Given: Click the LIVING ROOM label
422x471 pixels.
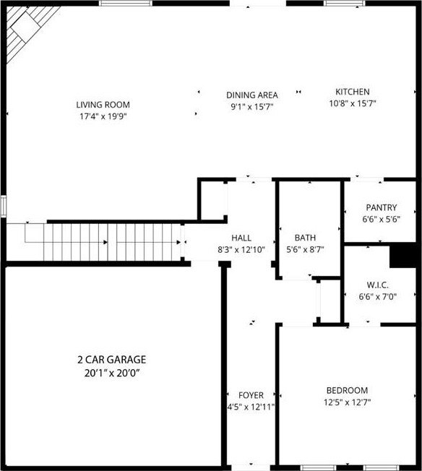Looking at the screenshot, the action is coord(103,105).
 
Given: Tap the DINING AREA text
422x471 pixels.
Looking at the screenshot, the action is coord(252,95).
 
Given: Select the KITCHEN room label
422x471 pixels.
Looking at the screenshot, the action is coord(352,92).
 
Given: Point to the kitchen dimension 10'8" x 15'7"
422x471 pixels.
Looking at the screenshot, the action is coord(353,103).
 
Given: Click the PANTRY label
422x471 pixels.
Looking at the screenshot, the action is coord(381,207).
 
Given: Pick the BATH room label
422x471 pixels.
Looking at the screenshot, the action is coord(305,238).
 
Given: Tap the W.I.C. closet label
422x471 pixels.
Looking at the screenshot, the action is coord(377,285).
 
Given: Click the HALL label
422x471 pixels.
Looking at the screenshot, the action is coord(241,238).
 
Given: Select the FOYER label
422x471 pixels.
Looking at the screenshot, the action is coord(251,395).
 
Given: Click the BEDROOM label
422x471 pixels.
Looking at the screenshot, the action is coord(347,391).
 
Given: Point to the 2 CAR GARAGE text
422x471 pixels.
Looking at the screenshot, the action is coord(112,360).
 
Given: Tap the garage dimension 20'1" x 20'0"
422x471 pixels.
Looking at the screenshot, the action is coord(113,373).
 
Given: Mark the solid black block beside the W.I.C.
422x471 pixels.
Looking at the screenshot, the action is coord(402,256).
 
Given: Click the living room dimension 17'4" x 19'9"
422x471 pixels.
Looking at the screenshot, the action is coord(103,116).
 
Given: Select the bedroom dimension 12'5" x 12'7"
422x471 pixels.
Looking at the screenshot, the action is coord(347,402).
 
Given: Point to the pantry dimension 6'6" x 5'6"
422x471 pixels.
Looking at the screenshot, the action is coord(381,220).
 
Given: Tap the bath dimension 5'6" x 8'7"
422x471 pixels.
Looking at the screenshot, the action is coord(305,250).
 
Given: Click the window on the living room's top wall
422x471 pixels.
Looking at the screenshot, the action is coord(126,4).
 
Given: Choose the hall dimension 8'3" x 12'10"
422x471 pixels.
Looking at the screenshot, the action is coord(241,250).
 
